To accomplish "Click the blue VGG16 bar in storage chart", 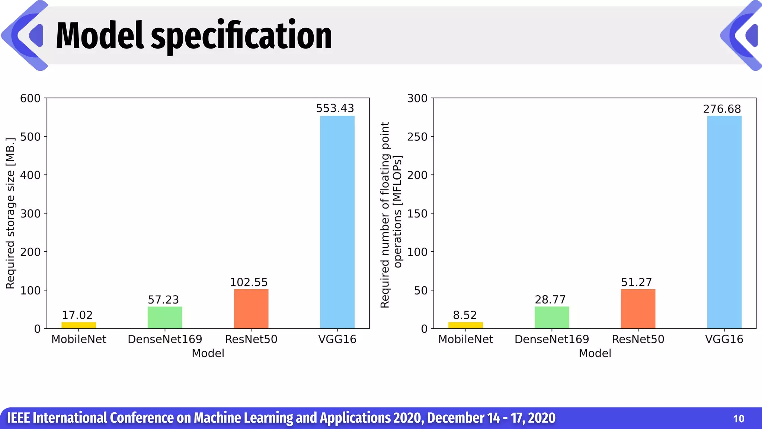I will (x=337, y=222).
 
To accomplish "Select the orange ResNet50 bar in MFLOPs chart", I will (x=638, y=309).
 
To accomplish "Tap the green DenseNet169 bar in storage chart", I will (x=165, y=317).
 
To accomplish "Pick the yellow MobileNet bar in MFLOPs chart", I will (x=465, y=325).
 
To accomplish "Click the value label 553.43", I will (x=335, y=108).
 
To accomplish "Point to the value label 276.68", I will (x=722, y=109).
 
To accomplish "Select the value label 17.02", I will (x=77, y=315).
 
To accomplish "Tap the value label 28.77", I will (x=550, y=299).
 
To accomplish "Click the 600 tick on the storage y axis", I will (x=30, y=98).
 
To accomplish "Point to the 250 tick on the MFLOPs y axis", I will (x=417, y=137).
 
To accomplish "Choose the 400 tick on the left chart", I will (x=30, y=175).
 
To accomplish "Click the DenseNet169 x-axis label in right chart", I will (x=551, y=339).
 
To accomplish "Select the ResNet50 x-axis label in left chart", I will (x=251, y=339).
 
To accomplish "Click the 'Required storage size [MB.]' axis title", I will (x=10, y=213).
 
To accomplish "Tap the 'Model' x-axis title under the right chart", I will (x=595, y=353).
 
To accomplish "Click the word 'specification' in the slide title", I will (x=241, y=36).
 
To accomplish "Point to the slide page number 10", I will (x=738, y=419).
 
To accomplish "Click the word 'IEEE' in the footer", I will (x=18, y=418).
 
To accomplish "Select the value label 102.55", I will (x=249, y=282).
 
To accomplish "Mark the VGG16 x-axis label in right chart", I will (x=724, y=339).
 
